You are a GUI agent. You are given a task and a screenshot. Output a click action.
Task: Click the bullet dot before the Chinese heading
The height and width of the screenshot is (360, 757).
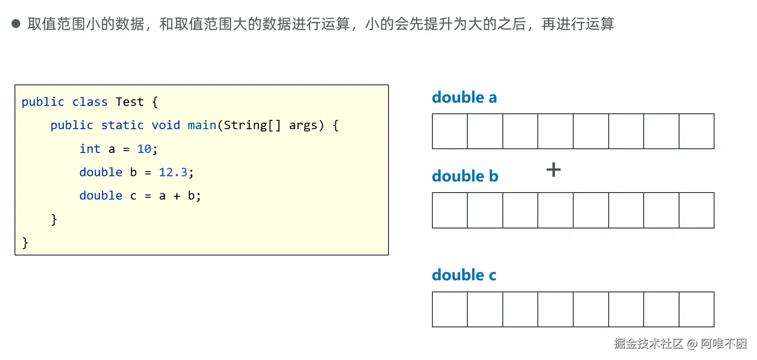(16, 24)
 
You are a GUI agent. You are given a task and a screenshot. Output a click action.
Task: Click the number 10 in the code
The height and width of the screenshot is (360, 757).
(144, 149)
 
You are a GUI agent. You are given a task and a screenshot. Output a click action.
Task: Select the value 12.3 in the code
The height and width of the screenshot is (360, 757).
(173, 173)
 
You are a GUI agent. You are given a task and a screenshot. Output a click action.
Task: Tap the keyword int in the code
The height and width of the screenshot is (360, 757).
(90, 149)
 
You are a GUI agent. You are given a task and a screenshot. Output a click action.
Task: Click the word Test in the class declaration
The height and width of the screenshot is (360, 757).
(130, 102)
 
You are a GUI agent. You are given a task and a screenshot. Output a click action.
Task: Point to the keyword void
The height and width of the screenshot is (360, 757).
(166, 125)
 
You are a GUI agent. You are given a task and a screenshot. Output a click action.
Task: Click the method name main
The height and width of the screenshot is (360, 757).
(202, 125)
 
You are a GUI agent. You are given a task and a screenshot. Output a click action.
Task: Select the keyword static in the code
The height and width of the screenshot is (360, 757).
(122, 125)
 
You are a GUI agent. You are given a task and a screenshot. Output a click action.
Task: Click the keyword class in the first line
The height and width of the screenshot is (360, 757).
(90, 102)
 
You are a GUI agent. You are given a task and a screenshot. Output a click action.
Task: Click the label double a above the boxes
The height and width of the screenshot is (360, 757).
(464, 97)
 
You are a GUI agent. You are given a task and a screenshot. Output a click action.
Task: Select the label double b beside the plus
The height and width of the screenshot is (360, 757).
(465, 176)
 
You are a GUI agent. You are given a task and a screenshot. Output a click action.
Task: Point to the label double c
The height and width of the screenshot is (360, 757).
(464, 275)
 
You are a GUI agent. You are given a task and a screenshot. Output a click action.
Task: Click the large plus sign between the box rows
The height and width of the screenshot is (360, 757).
(554, 169)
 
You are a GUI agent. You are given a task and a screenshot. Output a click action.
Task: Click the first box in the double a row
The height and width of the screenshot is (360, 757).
(450, 132)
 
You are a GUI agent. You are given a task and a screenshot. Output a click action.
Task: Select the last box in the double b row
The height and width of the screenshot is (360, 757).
(696, 210)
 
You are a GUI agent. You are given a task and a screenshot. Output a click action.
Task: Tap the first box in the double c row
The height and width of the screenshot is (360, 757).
(450, 310)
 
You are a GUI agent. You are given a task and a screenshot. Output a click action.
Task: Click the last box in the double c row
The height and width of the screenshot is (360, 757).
(696, 310)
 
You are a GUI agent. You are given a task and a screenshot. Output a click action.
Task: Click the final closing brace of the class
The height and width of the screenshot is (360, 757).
(25, 243)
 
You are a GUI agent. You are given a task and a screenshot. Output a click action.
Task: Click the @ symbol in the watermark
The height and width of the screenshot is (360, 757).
(692, 344)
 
